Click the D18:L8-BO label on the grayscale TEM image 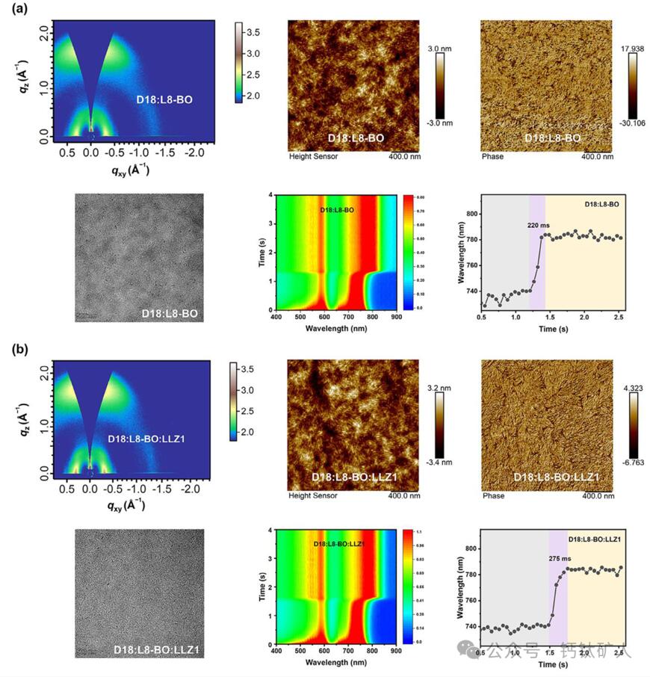pyautogui.click(x=170, y=314)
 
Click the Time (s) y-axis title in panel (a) pyautogui.click(x=256, y=251)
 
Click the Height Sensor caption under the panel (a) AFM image pyautogui.click(x=310, y=158)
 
